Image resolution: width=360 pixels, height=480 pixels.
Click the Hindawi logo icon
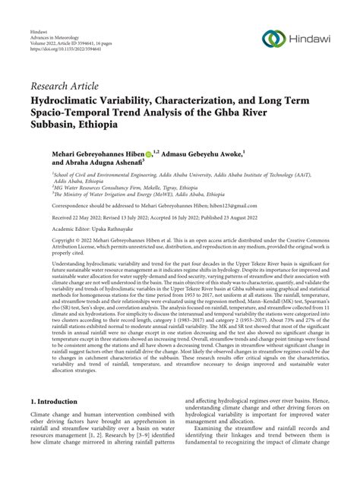273,39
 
